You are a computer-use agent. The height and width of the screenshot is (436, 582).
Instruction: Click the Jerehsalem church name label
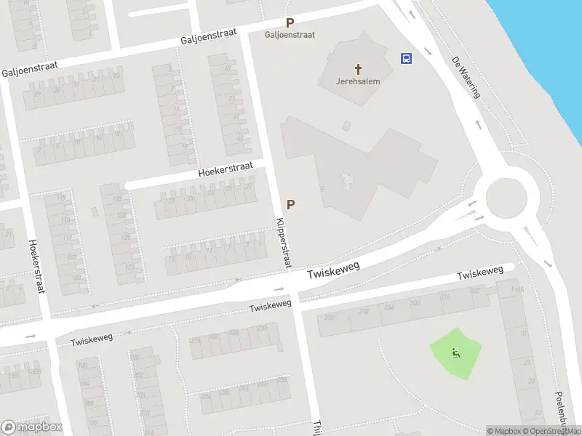point(357,81)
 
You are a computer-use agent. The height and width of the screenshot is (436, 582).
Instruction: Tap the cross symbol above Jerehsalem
point(357,69)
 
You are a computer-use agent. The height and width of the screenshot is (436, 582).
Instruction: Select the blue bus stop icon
point(406,59)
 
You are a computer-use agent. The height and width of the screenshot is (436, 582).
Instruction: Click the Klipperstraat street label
point(282,243)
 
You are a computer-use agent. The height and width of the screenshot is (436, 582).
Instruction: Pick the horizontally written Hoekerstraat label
point(226,170)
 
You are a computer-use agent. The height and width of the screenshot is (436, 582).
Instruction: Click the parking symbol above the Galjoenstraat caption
point(290,23)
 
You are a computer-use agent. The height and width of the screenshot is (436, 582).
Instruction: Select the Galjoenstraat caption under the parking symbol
point(290,35)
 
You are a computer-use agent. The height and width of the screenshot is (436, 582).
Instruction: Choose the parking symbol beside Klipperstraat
point(291,205)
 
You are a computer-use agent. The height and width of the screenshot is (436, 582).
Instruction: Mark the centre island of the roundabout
point(506,198)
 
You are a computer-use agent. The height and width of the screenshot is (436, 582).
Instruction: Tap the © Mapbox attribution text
point(504,431)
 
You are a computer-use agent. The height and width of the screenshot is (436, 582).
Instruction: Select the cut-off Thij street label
point(316,427)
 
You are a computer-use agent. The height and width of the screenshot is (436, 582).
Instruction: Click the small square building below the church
point(346,126)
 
